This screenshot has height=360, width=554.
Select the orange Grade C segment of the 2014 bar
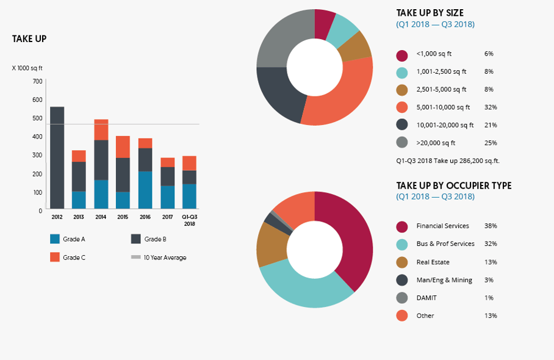pyautogui.click(x=101, y=129)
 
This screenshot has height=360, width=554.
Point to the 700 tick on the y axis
pyautogui.click(x=37, y=81)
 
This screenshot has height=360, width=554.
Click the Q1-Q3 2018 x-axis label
pyautogui.click(x=190, y=220)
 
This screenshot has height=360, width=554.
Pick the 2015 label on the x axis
pyautogui.click(x=123, y=217)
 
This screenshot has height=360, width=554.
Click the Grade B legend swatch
pyautogui.click(x=136, y=239)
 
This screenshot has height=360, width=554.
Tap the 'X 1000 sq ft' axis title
pyautogui.click(x=27, y=68)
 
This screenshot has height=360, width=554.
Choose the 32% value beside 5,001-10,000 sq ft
pyautogui.click(x=491, y=107)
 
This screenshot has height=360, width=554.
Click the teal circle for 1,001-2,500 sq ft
pyautogui.click(x=401, y=72)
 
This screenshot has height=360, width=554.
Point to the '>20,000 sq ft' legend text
pyautogui.click(x=436, y=143)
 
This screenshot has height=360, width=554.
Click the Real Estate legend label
pyautogui.click(x=434, y=262)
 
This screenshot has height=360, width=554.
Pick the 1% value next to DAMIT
pyautogui.click(x=489, y=298)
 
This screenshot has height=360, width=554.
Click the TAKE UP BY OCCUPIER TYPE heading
pyautogui.click(x=454, y=185)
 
